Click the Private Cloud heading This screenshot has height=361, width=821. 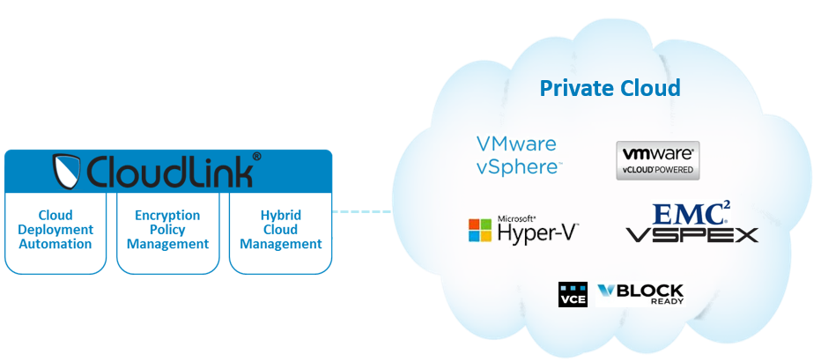[610, 88]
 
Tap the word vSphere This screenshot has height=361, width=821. [517, 166]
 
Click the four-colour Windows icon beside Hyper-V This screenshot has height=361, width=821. [479, 231]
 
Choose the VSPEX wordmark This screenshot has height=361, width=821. [692, 235]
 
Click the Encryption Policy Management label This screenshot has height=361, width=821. [167, 229]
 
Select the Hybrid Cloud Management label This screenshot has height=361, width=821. [280, 229]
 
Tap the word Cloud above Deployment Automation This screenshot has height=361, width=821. [55, 215]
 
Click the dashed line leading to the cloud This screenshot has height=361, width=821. [362, 211]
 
